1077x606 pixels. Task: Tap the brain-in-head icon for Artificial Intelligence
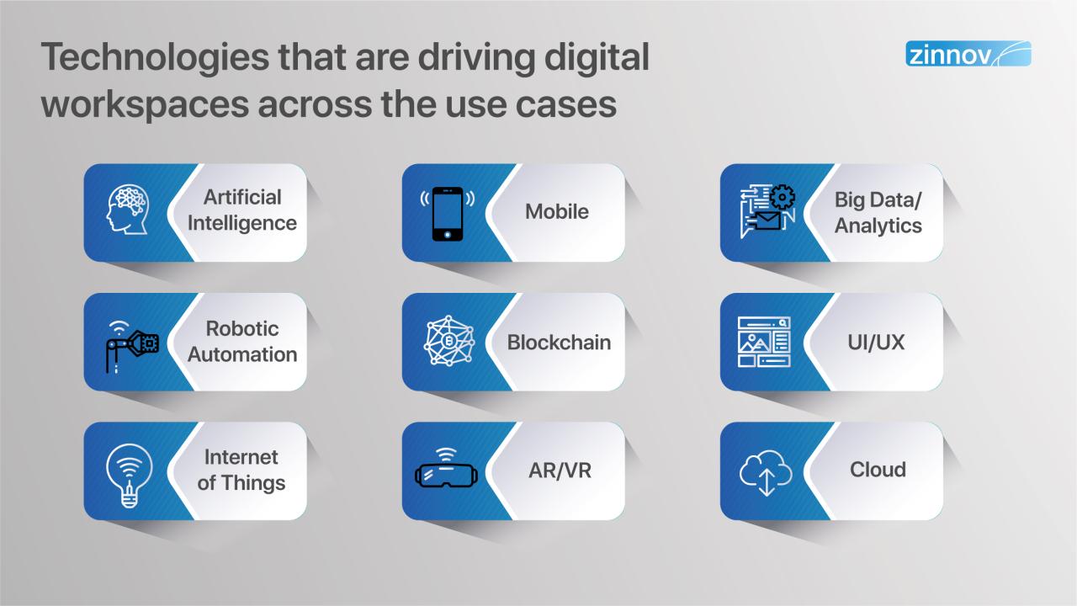point(129,210)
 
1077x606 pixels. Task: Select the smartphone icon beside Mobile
point(447,212)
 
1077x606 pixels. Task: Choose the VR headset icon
point(446,470)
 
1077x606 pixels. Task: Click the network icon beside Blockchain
point(448,342)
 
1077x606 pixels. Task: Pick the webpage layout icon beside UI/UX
point(764,342)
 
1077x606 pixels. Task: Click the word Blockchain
point(559,343)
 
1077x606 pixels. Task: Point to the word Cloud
point(877,470)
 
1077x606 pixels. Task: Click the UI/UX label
point(877,342)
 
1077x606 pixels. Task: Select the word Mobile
point(556,211)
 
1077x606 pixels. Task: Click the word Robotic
point(242,329)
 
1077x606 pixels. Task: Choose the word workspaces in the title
point(152,104)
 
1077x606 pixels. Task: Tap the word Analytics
point(878,226)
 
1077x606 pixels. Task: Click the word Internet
point(241,457)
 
